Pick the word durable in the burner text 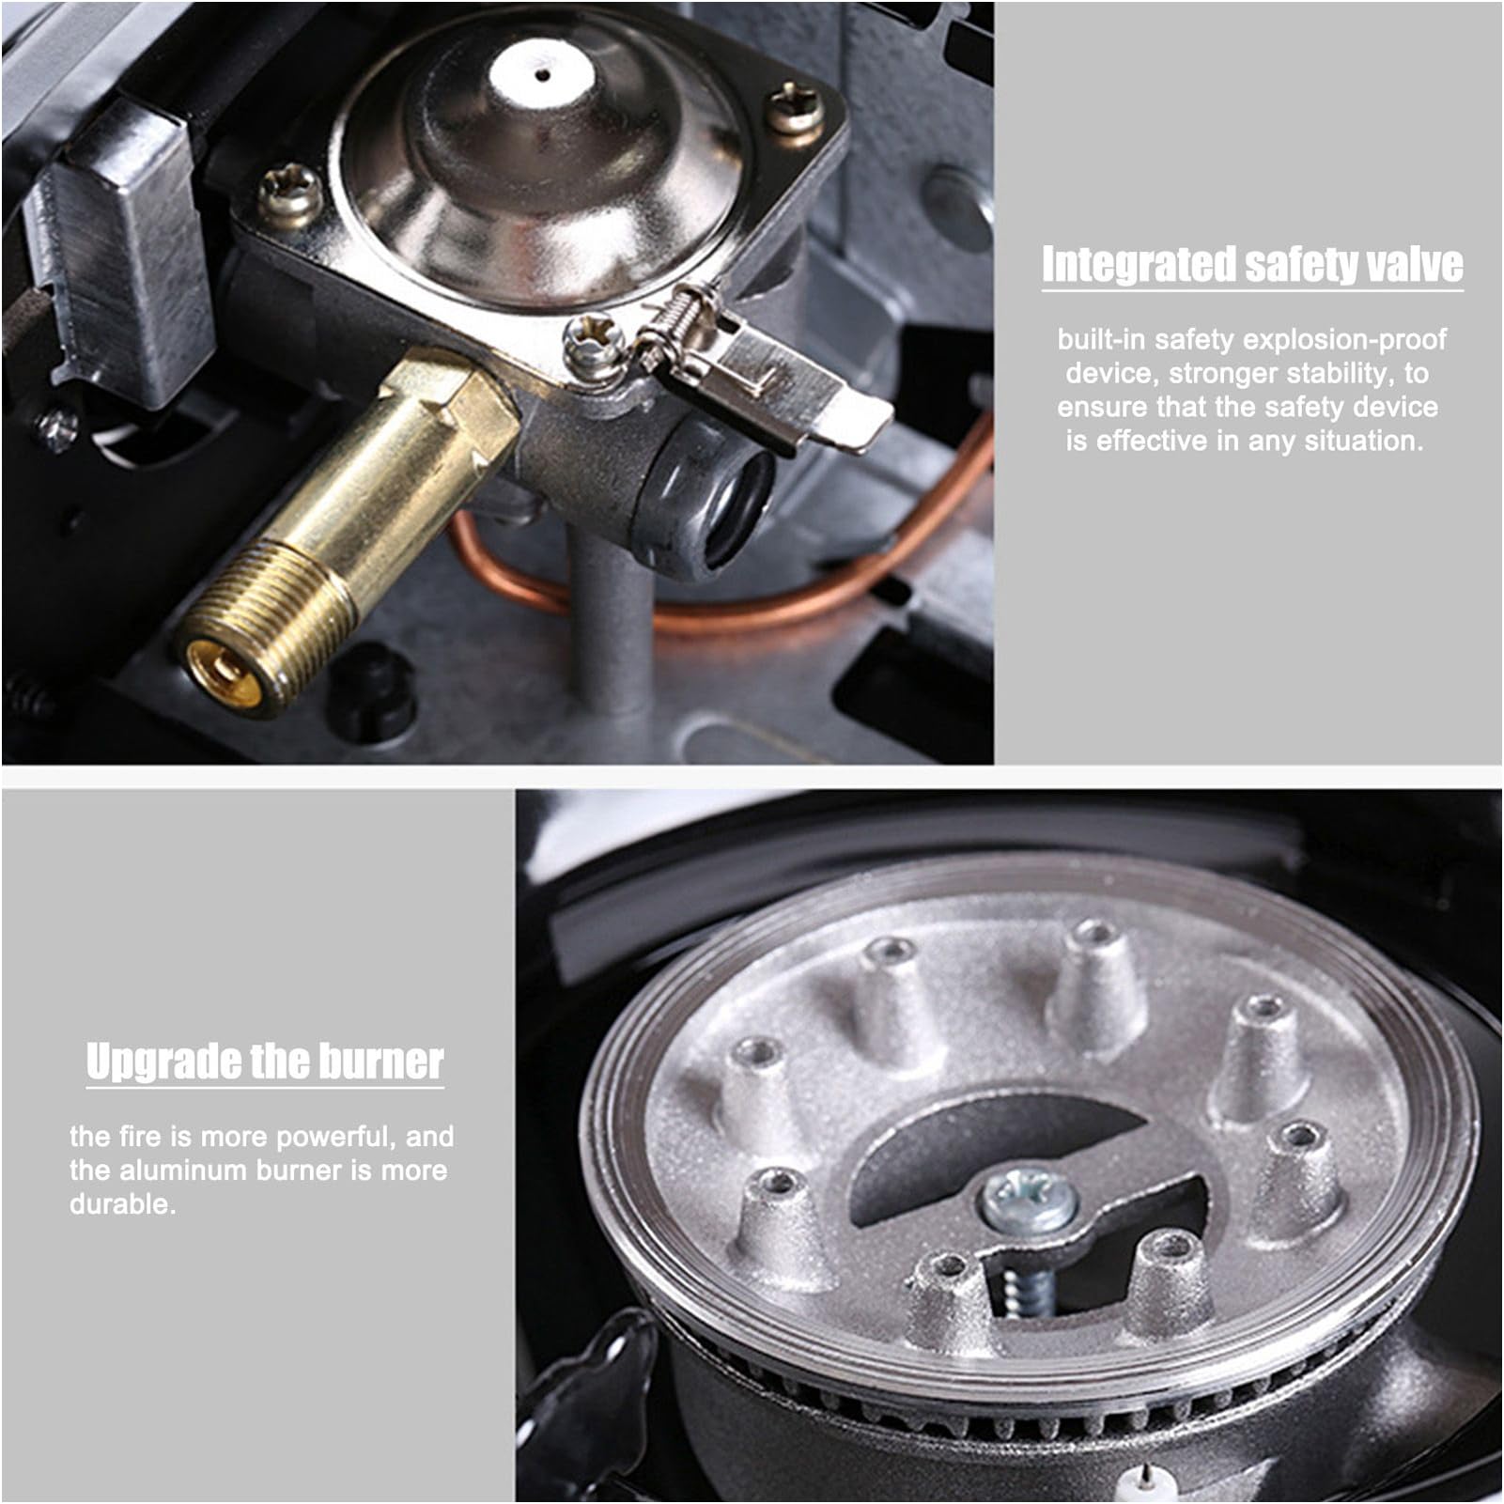(122, 1203)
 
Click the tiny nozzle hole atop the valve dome (542, 70)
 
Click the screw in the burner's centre (1028, 1200)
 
